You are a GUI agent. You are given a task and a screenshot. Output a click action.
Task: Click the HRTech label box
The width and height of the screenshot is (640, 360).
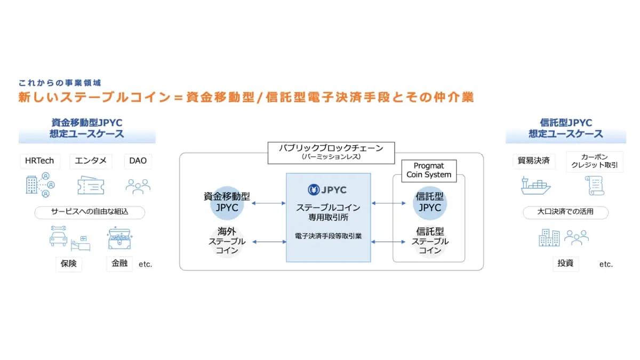click(39, 161)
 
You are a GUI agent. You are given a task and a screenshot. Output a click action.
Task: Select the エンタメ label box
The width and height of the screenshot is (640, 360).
click(91, 161)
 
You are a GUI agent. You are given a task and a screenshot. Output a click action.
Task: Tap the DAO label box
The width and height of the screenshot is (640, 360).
click(138, 161)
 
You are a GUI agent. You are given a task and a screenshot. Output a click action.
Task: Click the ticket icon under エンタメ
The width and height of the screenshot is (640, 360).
click(91, 185)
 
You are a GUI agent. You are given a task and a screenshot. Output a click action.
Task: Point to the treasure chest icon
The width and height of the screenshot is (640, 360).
click(119, 238)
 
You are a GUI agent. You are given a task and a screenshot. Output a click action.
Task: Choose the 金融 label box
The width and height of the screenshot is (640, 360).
click(119, 263)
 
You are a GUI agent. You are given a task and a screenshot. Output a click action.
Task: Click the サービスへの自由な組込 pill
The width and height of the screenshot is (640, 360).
click(90, 212)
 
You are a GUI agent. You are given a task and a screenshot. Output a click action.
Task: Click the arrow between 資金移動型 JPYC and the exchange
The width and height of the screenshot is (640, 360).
click(269, 203)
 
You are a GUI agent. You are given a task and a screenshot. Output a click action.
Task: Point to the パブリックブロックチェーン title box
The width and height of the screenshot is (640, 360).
click(331, 151)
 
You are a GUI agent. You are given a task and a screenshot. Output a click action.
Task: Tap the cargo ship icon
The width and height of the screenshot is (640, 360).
click(535, 185)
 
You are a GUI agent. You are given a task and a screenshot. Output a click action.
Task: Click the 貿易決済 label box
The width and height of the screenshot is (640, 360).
click(533, 161)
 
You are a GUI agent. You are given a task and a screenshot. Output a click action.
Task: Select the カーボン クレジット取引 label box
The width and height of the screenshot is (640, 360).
click(594, 162)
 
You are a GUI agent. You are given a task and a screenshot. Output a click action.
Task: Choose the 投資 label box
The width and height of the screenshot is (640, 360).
click(565, 263)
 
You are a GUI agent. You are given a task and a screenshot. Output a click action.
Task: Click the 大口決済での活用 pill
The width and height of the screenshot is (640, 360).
click(565, 212)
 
